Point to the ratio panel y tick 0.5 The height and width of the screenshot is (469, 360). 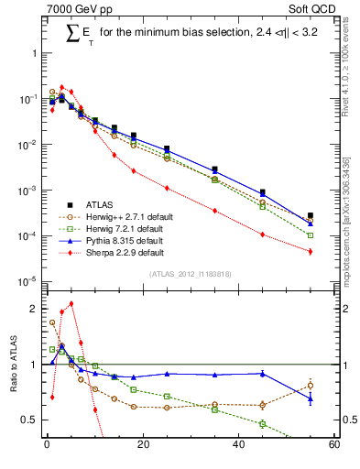30,420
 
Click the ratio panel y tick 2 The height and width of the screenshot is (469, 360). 34,310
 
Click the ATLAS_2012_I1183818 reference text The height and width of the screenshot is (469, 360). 189,274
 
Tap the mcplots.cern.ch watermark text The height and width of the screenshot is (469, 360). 347,211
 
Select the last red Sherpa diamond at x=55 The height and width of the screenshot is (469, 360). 311,251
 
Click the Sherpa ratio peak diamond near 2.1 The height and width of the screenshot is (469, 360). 71,304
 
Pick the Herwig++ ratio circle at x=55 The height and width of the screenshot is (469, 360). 311,386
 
